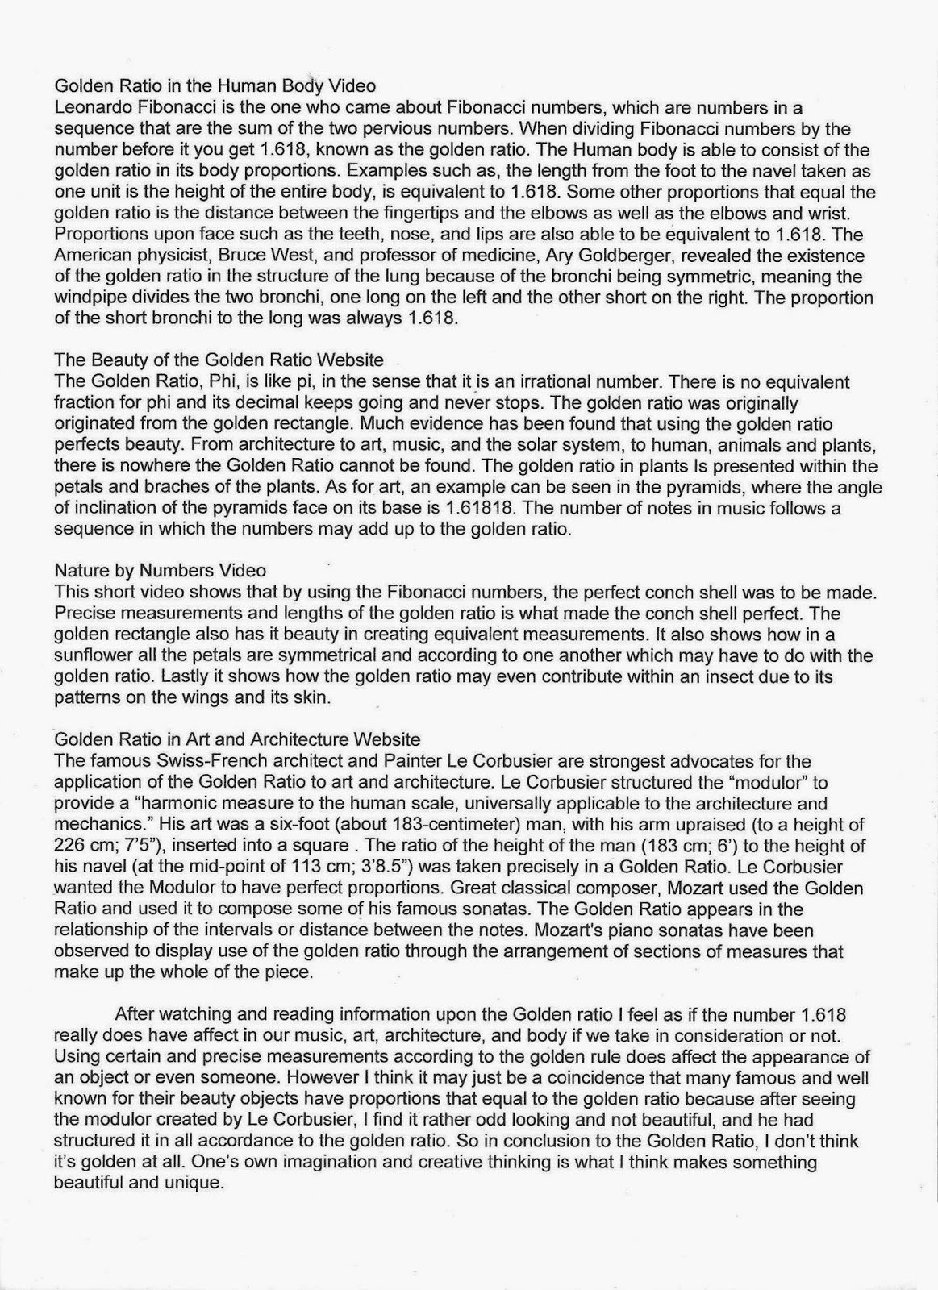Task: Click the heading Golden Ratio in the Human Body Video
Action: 215,85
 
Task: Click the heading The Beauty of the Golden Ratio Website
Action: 219,360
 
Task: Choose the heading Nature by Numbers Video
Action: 160,571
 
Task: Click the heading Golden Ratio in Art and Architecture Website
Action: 237,739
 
